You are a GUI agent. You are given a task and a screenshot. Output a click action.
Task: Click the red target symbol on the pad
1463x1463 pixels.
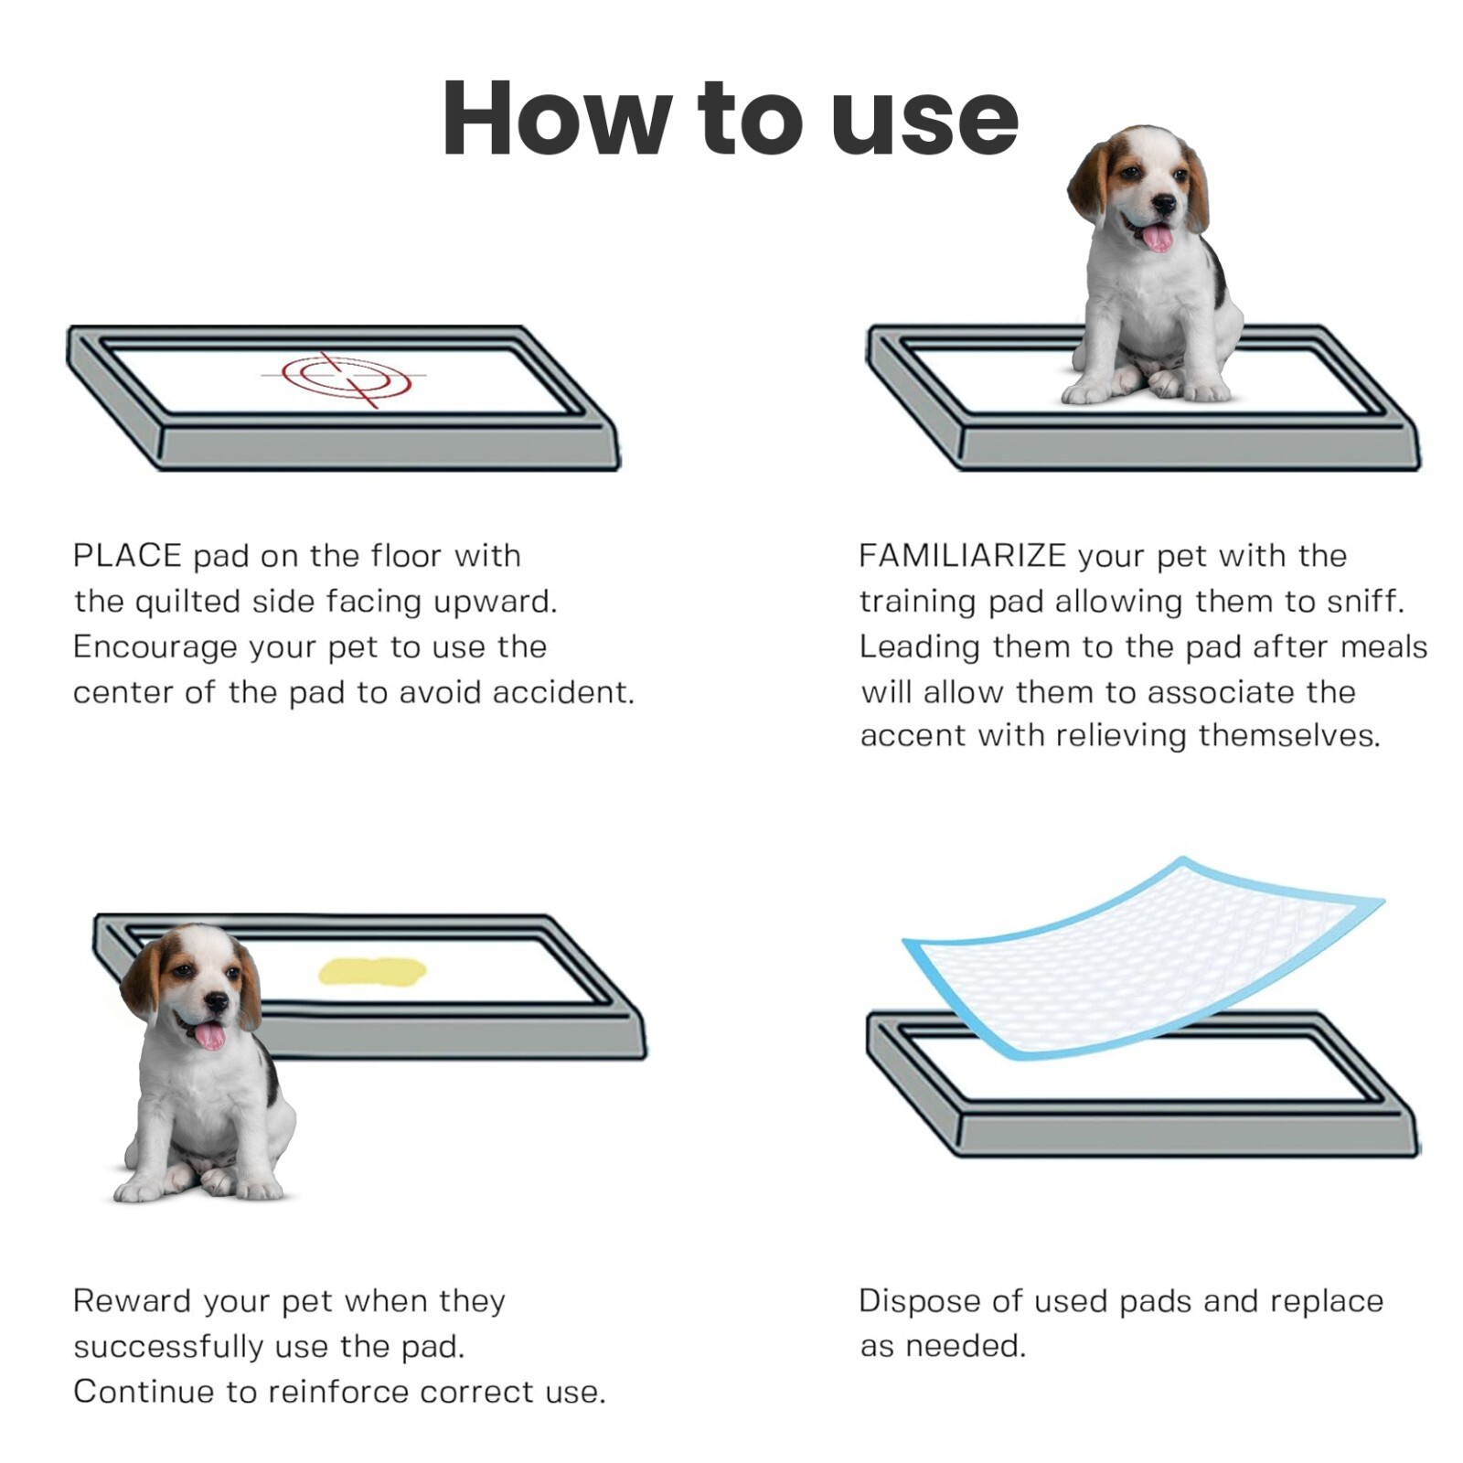click(347, 377)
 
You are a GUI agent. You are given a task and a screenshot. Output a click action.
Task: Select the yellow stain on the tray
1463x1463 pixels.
click(372, 971)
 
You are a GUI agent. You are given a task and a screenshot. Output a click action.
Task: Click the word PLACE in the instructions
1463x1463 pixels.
click(127, 555)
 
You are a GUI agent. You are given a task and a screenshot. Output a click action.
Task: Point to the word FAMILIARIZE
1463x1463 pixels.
click(962, 555)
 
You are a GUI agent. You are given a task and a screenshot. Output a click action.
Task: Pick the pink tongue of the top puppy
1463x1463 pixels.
click(1158, 238)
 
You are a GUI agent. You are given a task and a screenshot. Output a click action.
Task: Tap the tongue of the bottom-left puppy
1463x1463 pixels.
click(210, 1036)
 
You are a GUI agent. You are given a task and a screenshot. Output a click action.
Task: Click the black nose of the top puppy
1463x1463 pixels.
click(1164, 204)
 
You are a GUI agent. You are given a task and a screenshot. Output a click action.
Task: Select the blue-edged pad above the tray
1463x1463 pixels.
click(1143, 956)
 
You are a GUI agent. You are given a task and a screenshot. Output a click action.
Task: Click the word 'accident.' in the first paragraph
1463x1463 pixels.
click(563, 692)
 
